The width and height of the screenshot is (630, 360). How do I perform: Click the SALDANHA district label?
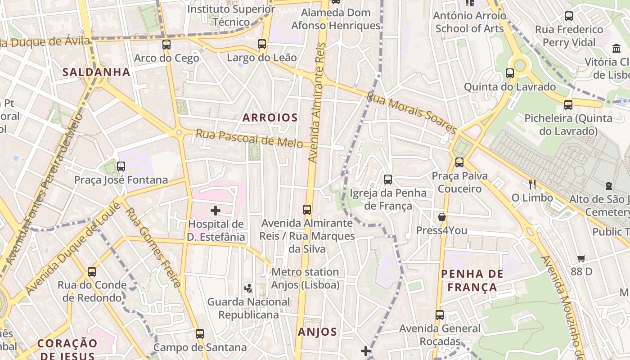click(x=96, y=72)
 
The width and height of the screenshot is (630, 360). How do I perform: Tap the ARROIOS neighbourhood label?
click(x=270, y=118)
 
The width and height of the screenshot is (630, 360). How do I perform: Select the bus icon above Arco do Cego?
click(x=166, y=45)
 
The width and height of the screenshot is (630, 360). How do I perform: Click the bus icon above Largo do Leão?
click(x=262, y=44)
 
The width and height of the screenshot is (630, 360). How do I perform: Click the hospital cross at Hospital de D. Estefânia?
click(x=216, y=210)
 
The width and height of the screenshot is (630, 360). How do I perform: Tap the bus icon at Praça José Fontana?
click(x=121, y=166)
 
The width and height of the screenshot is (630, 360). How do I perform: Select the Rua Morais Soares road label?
click(x=412, y=112)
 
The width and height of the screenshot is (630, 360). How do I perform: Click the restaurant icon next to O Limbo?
click(x=532, y=184)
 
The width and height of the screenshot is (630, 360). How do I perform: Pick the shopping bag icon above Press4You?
click(x=441, y=217)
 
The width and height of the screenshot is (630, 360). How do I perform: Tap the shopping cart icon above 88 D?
click(x=581, y=258)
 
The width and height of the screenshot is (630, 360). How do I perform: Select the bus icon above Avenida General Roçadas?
click(x=439, y=315)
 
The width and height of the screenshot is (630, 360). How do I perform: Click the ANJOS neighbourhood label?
click(x=317, y=332)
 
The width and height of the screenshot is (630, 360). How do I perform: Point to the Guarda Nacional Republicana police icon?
click(x=248, y=288)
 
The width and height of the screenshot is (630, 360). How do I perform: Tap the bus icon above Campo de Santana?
click(x=199, y=334)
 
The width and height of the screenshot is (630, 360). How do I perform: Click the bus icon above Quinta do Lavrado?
click(x=509, y=73)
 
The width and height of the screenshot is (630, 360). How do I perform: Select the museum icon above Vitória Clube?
click(x=616, y=48)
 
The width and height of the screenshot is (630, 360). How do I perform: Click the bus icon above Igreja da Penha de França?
click(x=387, y=180)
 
